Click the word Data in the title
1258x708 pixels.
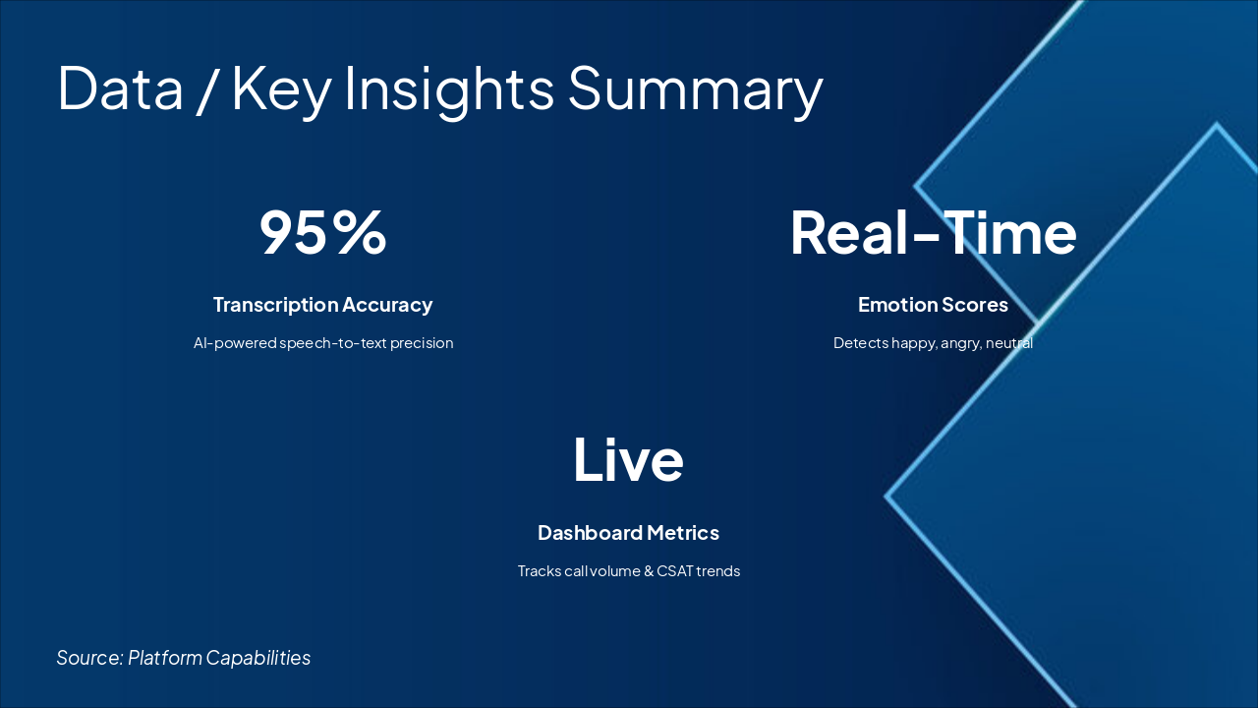point(120,88)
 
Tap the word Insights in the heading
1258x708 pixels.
point(449,90)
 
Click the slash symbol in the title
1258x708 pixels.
point(207,89)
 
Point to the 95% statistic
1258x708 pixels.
point(323,233)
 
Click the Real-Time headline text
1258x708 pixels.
point(934,233)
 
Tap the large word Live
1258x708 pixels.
point(628,459)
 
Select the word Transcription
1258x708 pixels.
point(275,305)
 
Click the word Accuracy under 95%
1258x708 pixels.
point(387,306)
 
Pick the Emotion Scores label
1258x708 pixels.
point(933,305)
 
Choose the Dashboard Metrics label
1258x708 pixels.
point(628,533)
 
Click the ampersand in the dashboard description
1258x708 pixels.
point(649,571)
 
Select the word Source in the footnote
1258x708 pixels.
point(89,658)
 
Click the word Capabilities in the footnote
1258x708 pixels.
point(258,658)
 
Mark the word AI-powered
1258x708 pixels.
point(235,343)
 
